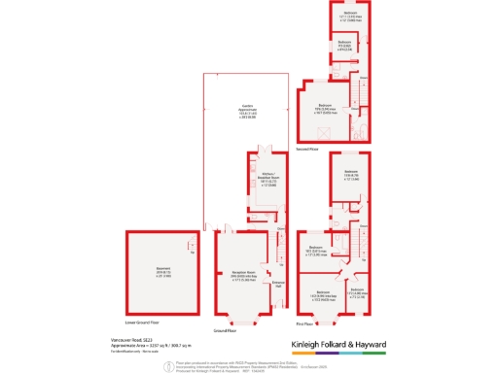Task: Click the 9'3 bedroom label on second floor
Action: click(344, 44)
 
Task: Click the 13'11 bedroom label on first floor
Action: click(348, 177)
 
